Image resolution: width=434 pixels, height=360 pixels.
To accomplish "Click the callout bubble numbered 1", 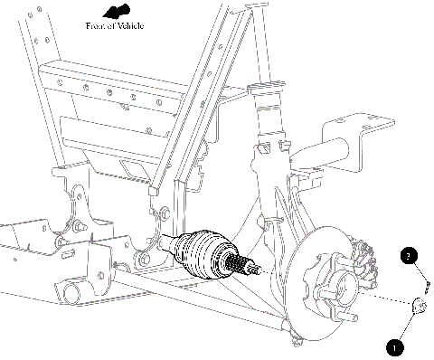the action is coord(393,344).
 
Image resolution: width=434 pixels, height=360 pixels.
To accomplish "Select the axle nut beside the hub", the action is coord(419,307).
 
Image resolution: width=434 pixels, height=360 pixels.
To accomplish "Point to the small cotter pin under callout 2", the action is coord(425,287).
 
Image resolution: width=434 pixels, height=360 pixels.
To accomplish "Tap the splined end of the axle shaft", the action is coord(245,266).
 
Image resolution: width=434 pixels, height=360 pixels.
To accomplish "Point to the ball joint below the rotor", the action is coord(295,339).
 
